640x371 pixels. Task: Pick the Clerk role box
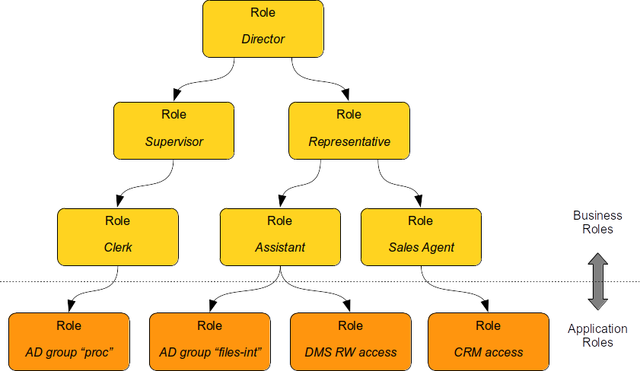[118, 236]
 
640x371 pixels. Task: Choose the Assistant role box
[280, 236]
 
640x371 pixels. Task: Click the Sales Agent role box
[421, 236]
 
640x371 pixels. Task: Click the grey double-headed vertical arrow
[597, 281]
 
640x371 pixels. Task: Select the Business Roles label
[597, 222]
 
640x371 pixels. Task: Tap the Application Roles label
[597, 335]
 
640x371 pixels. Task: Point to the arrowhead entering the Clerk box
[118, 201]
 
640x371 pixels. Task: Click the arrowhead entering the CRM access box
[486, 306]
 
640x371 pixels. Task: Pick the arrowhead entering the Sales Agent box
[419, 201]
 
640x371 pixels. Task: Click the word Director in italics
[263, 39]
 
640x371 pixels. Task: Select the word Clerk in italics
[118, 247]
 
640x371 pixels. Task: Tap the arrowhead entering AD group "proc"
[72, 306]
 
